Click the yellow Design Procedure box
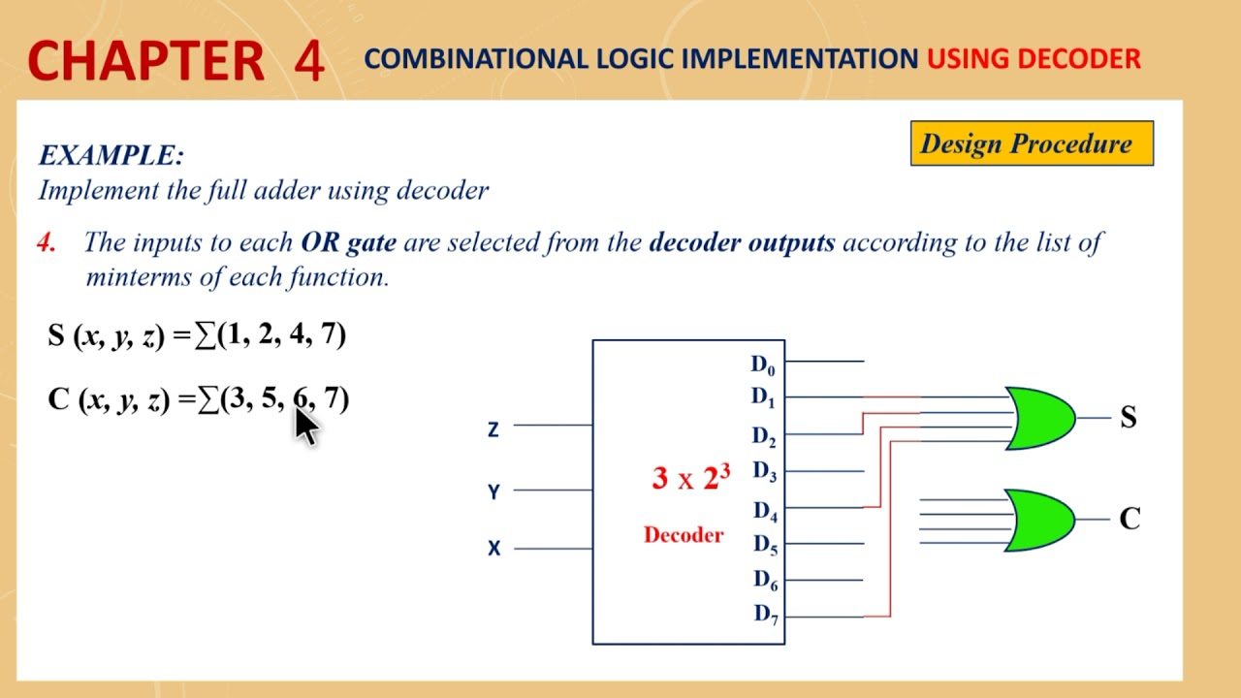coord(1032,143)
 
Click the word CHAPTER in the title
coord(145,60)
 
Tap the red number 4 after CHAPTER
coord(308,60)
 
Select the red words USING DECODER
coord(1034,59)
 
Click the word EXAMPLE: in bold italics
coord(111,155)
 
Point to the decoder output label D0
coord(763,365)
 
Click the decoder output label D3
coord(764,472)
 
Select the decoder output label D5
coord(765,545)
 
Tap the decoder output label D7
coord(765,614)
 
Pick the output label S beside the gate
coord(1128,417)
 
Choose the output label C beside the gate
coord(1130,520)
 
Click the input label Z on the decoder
coord(493,429)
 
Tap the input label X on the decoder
coord(493,549)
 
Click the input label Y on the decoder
coord(493,492)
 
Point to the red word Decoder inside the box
coord(684,535)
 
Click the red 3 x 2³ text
coord(690,477)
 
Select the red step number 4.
coord(46,242)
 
